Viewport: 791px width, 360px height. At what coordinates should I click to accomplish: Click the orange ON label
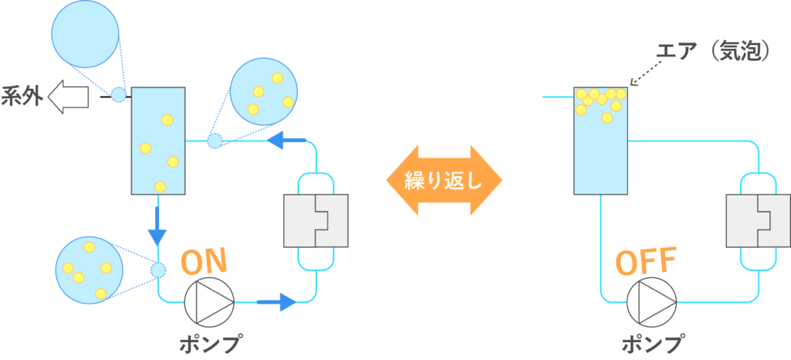point(204,262)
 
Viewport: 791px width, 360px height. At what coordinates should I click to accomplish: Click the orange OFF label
point(646,262)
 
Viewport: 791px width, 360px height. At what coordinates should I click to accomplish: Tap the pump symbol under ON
point(209,301)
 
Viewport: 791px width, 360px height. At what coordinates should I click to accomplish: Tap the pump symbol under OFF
point(651,301)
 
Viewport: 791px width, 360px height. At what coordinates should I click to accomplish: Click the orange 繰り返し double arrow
point(444,181)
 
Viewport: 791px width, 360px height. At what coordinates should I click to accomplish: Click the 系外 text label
point(22,99)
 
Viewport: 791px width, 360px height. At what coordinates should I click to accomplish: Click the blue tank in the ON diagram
point(158,140)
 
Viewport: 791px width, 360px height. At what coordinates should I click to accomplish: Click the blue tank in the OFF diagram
point(600,140)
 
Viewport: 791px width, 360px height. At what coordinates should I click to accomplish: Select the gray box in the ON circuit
point(316,219)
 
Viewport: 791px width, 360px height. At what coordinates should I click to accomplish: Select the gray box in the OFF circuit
point(758,219)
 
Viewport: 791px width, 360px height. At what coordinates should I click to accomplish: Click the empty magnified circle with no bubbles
point(85,34)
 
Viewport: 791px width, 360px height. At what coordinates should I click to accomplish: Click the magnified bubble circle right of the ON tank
point(263,91)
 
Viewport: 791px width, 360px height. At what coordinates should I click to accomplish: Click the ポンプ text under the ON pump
point(209,342)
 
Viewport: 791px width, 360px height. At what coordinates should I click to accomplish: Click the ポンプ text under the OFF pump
point(652,342)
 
